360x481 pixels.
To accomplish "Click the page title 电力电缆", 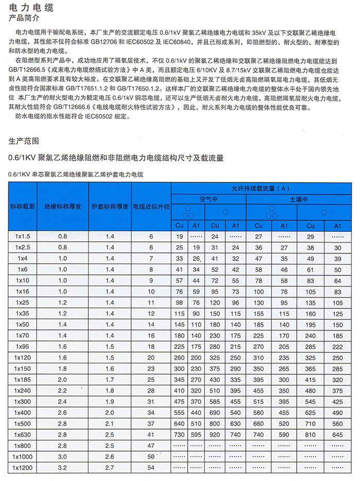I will tap(30, 9).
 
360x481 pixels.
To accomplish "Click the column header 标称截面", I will tap(23, 207).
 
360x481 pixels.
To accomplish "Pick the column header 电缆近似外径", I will tap(151, 207).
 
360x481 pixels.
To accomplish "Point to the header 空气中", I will tap(209, 198).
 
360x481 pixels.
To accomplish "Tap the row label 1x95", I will tap(23, 347).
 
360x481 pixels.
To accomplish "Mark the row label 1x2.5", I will tap(23, 247).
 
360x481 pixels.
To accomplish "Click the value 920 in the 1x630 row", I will tap(215, 434).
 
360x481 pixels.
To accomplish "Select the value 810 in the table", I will tap(311, 434).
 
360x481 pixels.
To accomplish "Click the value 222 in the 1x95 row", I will tap(337, 347).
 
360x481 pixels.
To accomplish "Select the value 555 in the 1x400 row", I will tap(179, 412).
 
